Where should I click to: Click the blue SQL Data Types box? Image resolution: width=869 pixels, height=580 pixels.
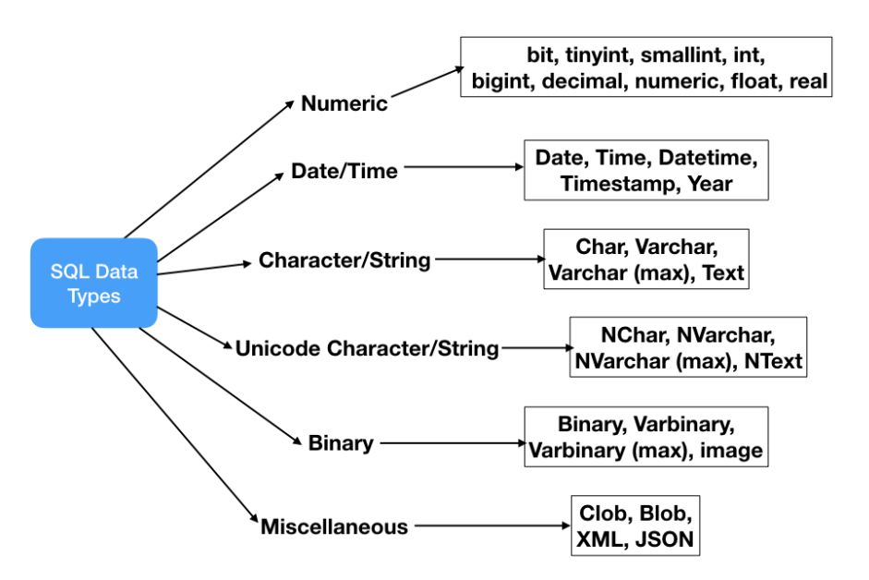(x=93, y=284)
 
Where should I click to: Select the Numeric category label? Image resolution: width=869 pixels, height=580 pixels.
(x=344, y=103)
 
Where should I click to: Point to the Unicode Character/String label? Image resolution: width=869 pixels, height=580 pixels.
(x=367, y=348)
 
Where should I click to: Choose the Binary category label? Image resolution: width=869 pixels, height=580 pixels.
(x=341, y=442)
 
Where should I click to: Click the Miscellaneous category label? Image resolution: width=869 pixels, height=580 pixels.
(x=334, y=526)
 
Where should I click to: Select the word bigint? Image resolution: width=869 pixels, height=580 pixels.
(x=503, y=81)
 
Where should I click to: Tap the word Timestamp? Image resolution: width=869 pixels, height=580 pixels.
(x=618, y=183)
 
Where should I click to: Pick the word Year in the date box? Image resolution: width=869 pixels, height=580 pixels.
(x=709, y=183)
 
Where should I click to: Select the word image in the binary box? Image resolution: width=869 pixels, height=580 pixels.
(x=731, y=451)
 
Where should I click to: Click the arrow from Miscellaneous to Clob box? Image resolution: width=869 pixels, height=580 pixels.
(x=489, y=526)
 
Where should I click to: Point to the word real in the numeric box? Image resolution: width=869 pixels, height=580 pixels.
(x=809, y=81)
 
